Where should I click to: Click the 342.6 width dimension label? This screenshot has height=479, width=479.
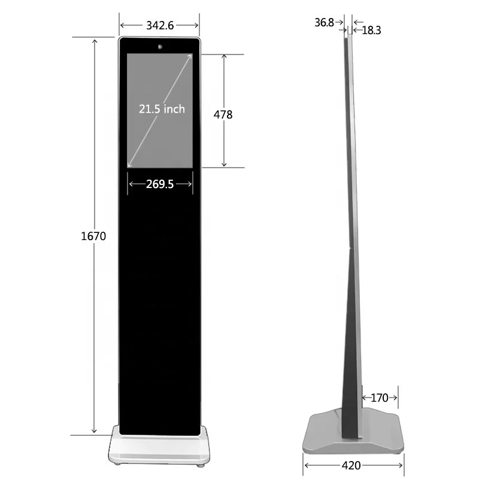point(160,25)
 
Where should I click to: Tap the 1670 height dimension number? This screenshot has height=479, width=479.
point(93,236)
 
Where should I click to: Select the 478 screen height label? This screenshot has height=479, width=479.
point(223,114)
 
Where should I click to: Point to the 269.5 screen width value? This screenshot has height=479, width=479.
point(160,184)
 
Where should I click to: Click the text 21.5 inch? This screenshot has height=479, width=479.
point(162,109)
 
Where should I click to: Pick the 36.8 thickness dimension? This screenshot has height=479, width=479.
point(324,22)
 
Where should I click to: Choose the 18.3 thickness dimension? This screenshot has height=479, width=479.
point(371,31)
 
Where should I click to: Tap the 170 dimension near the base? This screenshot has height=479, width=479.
point(380,398)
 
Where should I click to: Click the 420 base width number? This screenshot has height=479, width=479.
point(351,466)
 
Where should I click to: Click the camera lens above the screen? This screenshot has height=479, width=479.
point(160,47)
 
